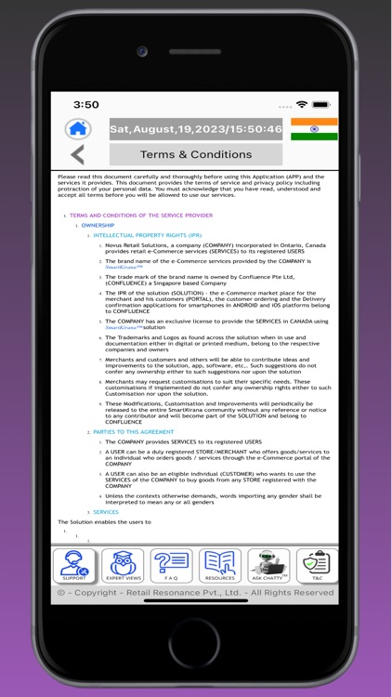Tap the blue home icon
click(78, 129)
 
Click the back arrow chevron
click(77, 154)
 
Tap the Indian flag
click(314, 129)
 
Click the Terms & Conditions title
click(195, 154)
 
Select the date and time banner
click(195, 129)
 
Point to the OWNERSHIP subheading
click(98, 226)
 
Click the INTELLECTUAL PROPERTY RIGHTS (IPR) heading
click(147, 236)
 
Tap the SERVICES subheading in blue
click(106, 512)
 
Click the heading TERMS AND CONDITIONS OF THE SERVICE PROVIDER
click(140, 216)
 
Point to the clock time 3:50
click(86, 105)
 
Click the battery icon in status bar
click(320, 105)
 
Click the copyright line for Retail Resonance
click(195, 592)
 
